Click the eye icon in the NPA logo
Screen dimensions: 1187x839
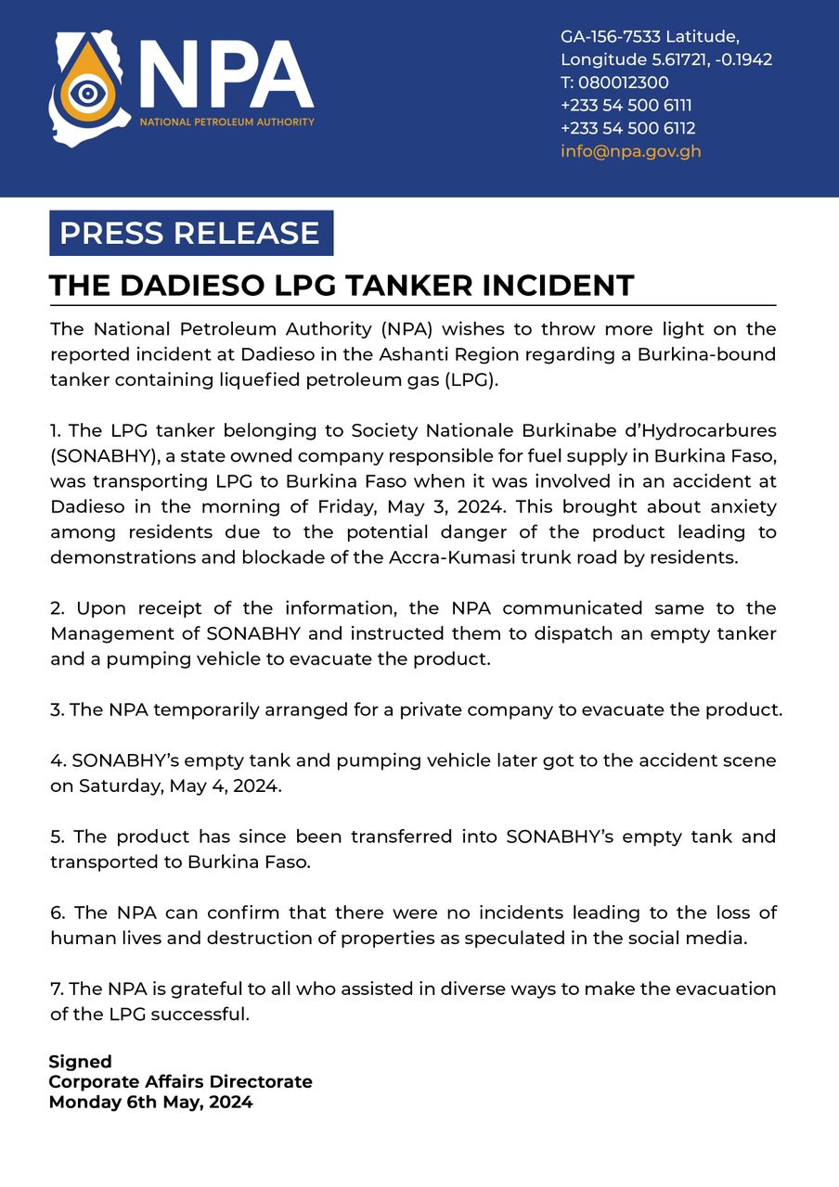point(88,93)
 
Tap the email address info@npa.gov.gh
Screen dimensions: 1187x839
point(630,151)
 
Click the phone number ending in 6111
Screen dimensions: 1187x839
point(626,106)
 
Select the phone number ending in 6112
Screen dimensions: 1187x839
point(627,128)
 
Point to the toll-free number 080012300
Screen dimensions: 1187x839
point(615,83)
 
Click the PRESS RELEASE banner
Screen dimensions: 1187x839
point(190,233)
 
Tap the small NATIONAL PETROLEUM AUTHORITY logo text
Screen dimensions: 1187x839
point(226,122)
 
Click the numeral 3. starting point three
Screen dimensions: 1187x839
point(57,710)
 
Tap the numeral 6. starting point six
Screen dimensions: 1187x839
point(58,913)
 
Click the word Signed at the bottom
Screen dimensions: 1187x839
point(80,1062)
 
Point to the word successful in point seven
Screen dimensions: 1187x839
point(204,1014)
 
